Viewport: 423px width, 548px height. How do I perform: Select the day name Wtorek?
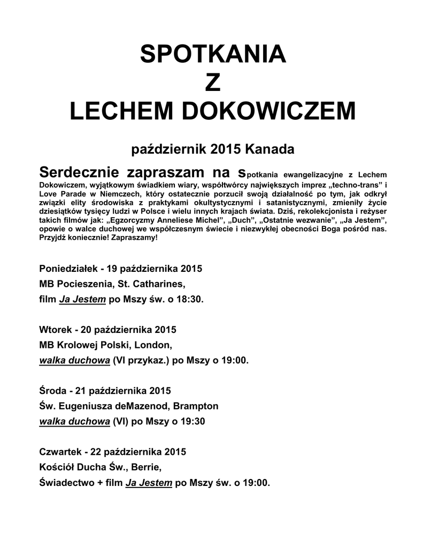55,329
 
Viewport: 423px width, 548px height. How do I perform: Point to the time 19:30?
192,421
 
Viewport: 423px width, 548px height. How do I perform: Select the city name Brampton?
196,406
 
